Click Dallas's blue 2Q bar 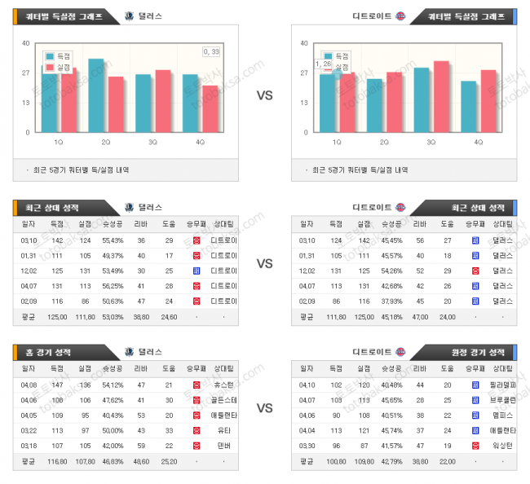pyautogui.click(x=95, y=95)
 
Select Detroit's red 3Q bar pyautogui.click(x=442, y=96)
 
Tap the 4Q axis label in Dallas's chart pyautogui.click(x=200, y=142)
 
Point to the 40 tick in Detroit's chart pyautogui.click(x=304, y=43)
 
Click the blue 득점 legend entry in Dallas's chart pyautogui.click(x=58, y=56)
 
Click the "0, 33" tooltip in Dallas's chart pyautogui.click(x=211, y=52)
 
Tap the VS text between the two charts pyautogui.click(x=264, y=95)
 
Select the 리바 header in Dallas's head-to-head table pyautogui.click(x=141, y=223)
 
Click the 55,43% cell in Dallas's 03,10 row pyautogui.click(x=113, y=240)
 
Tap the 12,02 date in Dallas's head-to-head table pyautogui.click(x=29, y=270)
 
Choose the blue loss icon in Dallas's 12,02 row pyautogui.click(x=197, y=270)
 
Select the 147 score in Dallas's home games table pyautogui.click(x=58, y=385)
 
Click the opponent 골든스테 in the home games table pyautogui.click(x=224, y=399)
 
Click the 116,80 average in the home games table pyautogui.click(x=58, y=460)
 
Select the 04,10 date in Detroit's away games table pyautogui.click(x=307, y=385)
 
